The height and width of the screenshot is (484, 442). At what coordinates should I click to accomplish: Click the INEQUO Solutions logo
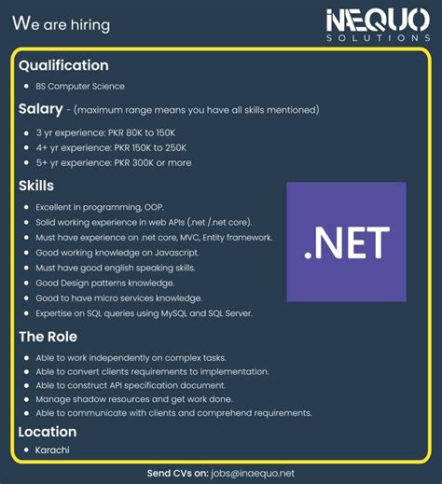click(x=378, y=24)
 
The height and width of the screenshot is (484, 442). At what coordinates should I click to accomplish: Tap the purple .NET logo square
click(x=346, y=242)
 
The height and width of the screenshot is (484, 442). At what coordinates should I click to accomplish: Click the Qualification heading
click(x=63, y=65)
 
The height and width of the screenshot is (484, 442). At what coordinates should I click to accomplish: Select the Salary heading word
click(x=41, y=109)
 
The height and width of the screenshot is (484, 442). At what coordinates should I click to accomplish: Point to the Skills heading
click(x=36, y=186)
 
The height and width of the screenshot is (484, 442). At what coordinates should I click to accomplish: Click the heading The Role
click(x=48, y=337)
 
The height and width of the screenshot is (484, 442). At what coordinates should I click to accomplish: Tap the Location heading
click(x=48, y=432)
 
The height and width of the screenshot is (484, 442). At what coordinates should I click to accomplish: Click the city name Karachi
click(x=54, y=450)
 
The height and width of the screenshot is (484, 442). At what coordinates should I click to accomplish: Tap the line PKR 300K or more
click(x=114, y=162)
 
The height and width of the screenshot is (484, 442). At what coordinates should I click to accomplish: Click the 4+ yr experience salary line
click(x=112, y=147)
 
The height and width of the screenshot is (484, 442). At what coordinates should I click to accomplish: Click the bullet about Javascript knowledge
click(x=117, y=252)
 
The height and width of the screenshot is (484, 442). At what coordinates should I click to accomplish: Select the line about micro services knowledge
click(x=118, y=297)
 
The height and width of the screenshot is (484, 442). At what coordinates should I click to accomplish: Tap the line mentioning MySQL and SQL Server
click(x=144, y=313)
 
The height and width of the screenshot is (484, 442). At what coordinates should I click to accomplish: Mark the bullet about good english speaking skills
click(x=115, y=268)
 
